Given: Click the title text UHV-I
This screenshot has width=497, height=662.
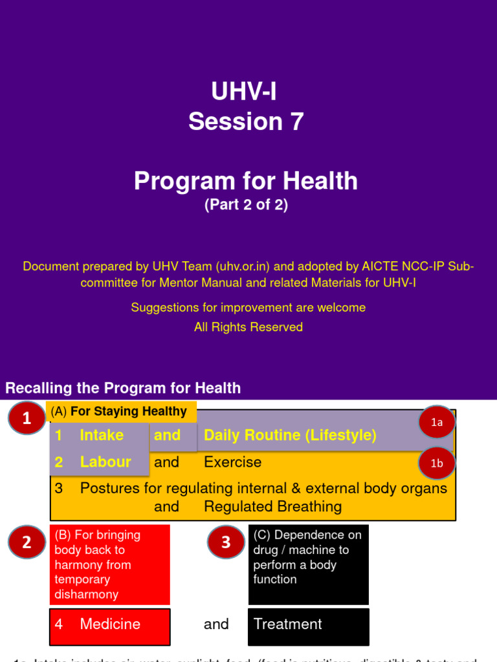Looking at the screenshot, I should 245,91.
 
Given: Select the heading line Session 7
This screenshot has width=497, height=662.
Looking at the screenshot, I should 246,121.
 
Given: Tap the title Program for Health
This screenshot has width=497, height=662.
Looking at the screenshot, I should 246,181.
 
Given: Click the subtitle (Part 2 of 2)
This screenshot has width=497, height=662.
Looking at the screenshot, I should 246,205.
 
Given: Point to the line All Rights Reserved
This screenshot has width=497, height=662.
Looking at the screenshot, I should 248,327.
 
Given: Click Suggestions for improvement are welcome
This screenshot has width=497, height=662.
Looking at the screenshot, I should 248,308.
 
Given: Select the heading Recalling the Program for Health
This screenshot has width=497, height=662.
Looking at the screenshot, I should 123,388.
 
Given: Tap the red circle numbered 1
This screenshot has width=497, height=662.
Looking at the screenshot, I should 27,418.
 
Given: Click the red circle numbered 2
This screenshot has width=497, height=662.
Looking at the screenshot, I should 27,542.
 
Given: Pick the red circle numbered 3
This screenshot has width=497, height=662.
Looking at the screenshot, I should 226,542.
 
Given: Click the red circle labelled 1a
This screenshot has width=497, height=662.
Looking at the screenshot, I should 437,422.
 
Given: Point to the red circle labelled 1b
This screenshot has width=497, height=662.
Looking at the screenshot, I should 437,464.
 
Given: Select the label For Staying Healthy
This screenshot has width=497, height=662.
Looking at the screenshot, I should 128,411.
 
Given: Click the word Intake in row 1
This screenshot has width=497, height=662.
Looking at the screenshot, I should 102,435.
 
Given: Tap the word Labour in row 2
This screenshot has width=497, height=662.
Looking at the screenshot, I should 105,462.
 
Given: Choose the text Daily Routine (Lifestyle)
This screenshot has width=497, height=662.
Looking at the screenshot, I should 290,435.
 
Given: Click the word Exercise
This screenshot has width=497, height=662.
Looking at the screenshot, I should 232,462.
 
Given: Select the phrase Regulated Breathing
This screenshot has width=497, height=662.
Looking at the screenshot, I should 272,506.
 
